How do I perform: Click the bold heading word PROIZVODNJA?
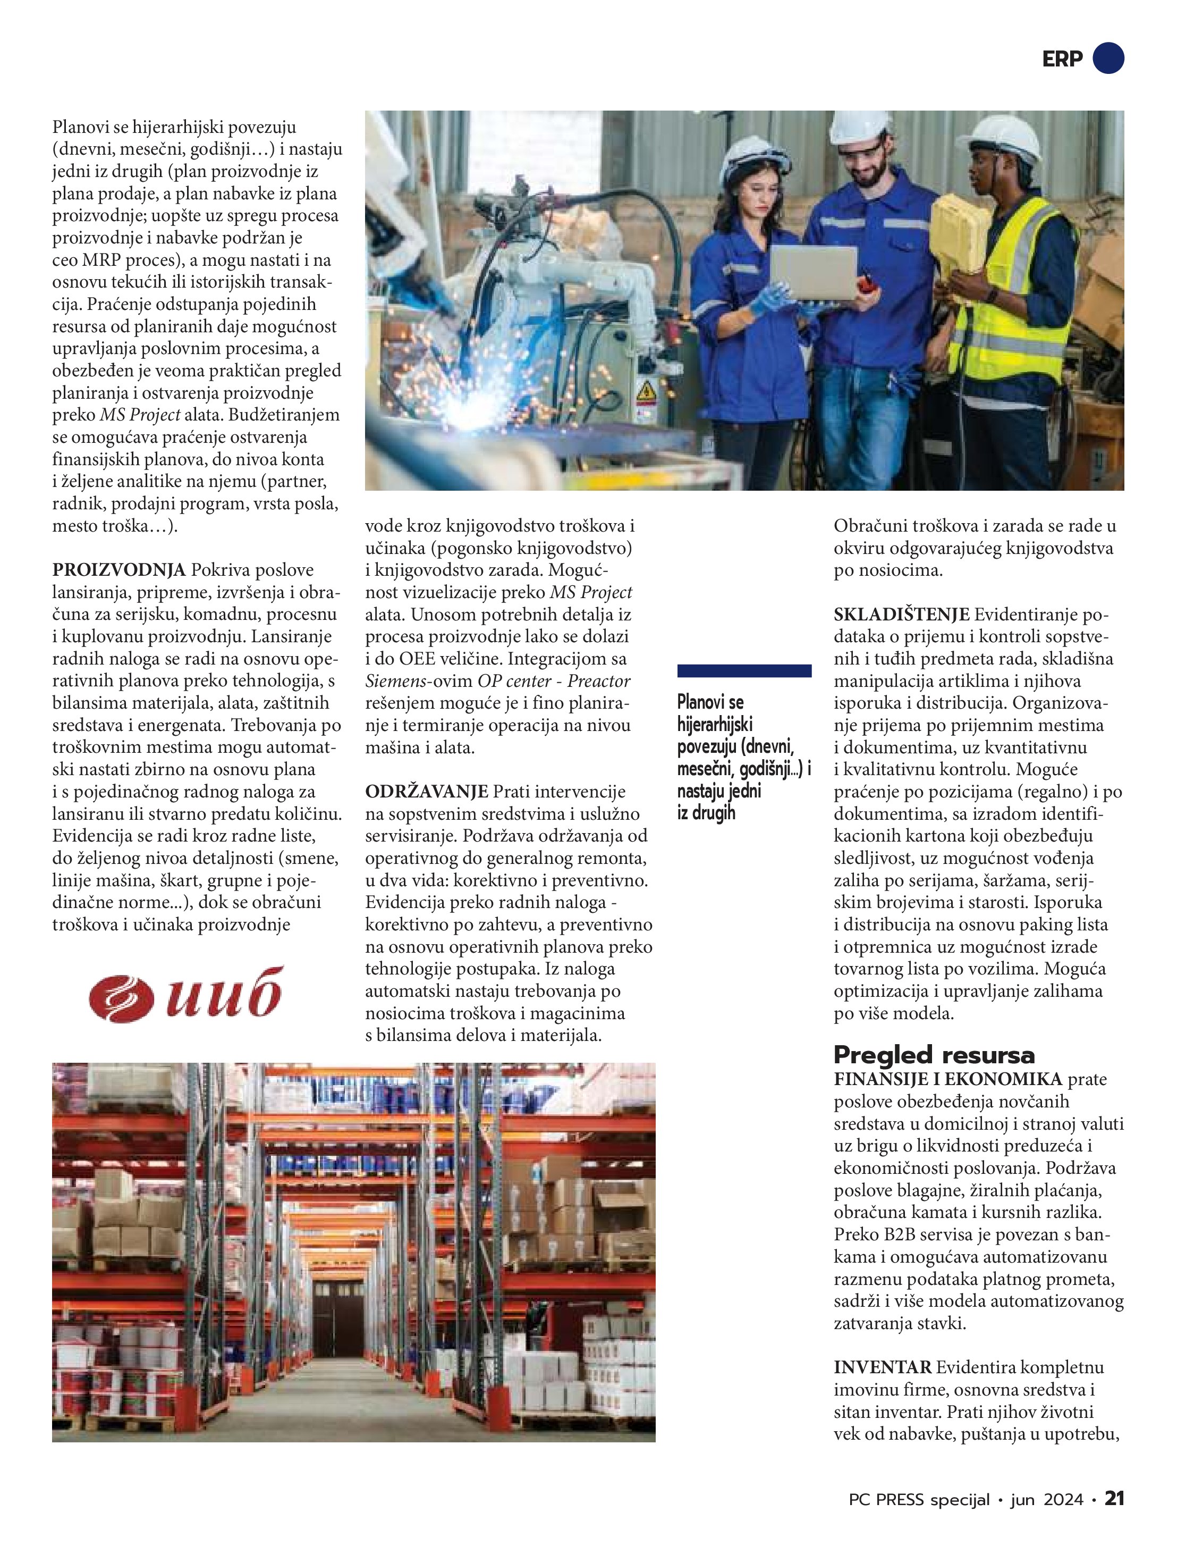[x=118, y=570]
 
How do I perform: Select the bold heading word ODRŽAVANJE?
[x=426, y=792]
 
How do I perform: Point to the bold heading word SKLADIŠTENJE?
[x=901, y=615]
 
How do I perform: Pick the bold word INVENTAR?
[x=882, y=1367]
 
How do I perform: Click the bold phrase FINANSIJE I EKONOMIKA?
[x=948, y=1079]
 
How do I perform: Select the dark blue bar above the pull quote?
[x=744, y=670]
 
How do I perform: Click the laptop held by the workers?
[x=814, y=273]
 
